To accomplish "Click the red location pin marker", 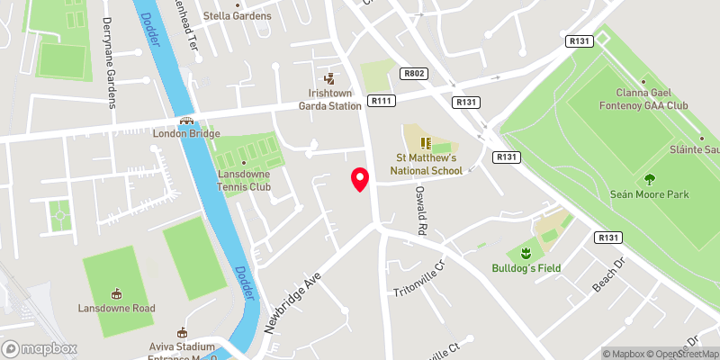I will tap(360, 179).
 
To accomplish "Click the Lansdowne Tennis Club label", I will tap(243, 167).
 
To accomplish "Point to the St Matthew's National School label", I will tap(427, 164).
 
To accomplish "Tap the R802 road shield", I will tap(413, 75).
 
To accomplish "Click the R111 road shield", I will tap(380, 102).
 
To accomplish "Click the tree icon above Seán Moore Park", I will tap(650, 177).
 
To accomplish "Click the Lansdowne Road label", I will tap(116, 308).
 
